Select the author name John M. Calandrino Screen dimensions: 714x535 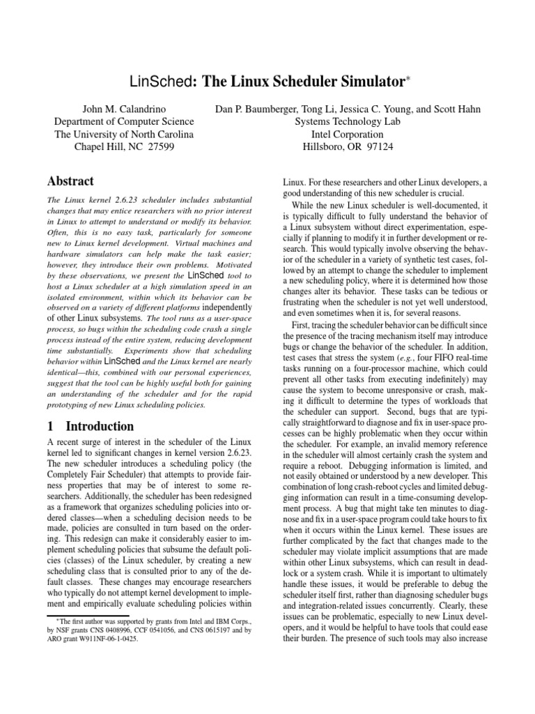pyautogui.click(x=124, y=109)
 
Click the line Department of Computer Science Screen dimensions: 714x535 pyautogui.click(x=124, y=121)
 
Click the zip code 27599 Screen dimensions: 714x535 pyautogui.click(x=160, y=147)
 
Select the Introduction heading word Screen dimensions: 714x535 pyautogui.click(x=102, y=426)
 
